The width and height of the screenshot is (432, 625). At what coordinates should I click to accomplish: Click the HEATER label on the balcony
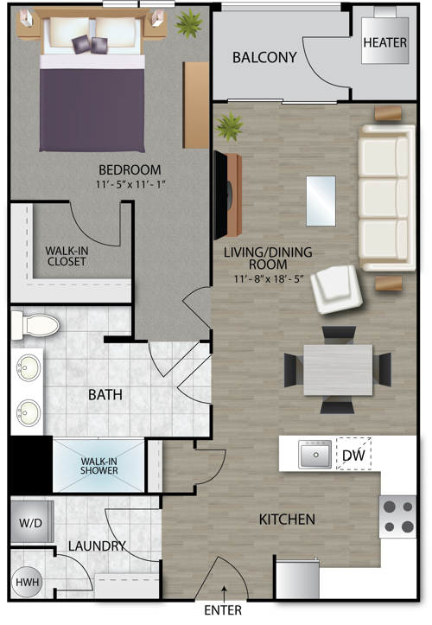pyautogui.click(x=385, y=42)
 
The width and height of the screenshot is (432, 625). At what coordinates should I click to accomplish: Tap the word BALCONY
pyautogui.click(x=264, y=57)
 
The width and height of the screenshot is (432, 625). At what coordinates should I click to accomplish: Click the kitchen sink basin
pyautogui.click(x=315, y=454)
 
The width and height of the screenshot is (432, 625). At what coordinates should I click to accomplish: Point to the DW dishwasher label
pyautogui.click(x=353, y=455)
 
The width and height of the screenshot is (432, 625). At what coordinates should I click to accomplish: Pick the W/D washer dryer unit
pyautogui.click(x=32, y=522)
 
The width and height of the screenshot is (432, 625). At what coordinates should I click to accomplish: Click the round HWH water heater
pyautogui.click(x=28, y=583)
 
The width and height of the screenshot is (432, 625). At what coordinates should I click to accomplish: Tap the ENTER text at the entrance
pyautogui.click(x=223, y=610)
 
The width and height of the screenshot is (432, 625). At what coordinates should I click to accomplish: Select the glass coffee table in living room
pyautogui.click(x=321, y=201)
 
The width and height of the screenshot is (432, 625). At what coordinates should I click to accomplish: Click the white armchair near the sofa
pyautogui.click(x=336, y=289)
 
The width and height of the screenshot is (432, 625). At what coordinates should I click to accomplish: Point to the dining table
pyautogui.click(x=338, y=370)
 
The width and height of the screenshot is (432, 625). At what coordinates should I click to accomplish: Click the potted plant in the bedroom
pyautogui.click(x=189, y=23)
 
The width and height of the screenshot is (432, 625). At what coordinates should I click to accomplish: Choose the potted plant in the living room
pyautogui.click(x=229, y=126)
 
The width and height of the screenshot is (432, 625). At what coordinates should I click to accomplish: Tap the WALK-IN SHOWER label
pyautogui.click(x=98, y=466)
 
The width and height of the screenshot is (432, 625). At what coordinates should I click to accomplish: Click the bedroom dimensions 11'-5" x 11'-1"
pyautogui.click(x=130, y=184)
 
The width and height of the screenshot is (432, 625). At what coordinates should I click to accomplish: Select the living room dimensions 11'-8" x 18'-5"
pyautogui.click(x=269, y=278)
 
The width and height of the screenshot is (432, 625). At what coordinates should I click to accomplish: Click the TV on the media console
pyautogui.click(x=221, y=195)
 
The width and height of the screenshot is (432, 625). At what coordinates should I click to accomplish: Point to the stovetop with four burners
pyautogui.click(x=397, y=517)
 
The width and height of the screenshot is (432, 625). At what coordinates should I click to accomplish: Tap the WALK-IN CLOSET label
pyautogui.click(x=67, y=256)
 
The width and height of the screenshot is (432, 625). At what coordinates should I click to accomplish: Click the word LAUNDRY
pyautogui.click(x=97, y=545)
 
